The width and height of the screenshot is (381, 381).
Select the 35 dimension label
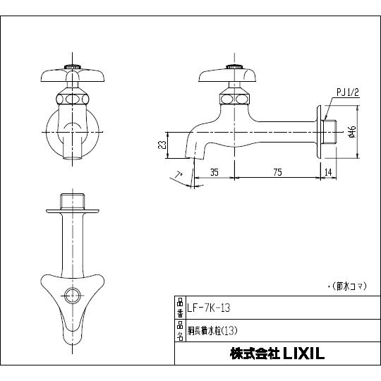tap(214, 171)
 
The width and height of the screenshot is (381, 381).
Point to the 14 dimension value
tap(327, 171)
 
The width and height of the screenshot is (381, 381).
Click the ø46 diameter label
tap(350, 131)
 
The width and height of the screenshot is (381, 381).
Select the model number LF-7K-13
tap(205, 308)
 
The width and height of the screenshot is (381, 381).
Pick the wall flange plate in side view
tap(322, 131)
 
